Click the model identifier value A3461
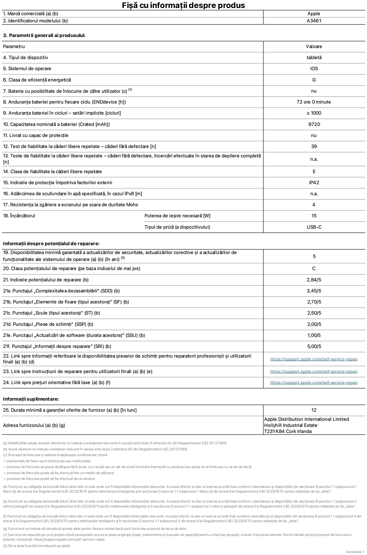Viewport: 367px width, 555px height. click(314, 21)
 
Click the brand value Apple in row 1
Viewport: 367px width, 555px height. click(314, 14)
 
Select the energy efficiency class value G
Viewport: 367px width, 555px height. click(314, 80)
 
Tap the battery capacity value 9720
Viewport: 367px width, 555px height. click(314, 124)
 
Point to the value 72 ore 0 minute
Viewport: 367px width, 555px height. click(314, 102)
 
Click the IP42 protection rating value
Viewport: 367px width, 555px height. click(314, 183)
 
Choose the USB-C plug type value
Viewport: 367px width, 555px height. click(314, 227)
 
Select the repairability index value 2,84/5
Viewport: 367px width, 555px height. click(314, 280)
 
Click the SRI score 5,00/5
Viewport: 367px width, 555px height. click(314, 346)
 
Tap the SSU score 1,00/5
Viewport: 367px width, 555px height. click(314, 335)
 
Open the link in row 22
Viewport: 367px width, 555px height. click(314, 359)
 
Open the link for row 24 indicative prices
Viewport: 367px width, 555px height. click(314, 382)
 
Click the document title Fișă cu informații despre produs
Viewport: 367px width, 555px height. click(183, 5)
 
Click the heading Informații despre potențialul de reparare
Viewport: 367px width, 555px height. click(51, 244)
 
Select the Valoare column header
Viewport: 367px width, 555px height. click(314, 46)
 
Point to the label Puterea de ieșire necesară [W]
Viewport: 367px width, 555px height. click(177, 216)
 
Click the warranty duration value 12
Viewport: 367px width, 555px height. click(314, 410)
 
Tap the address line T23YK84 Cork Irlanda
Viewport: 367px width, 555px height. click(288, 431)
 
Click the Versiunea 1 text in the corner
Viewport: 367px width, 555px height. click(355, 552)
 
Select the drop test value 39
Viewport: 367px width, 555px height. click(314, 146)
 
